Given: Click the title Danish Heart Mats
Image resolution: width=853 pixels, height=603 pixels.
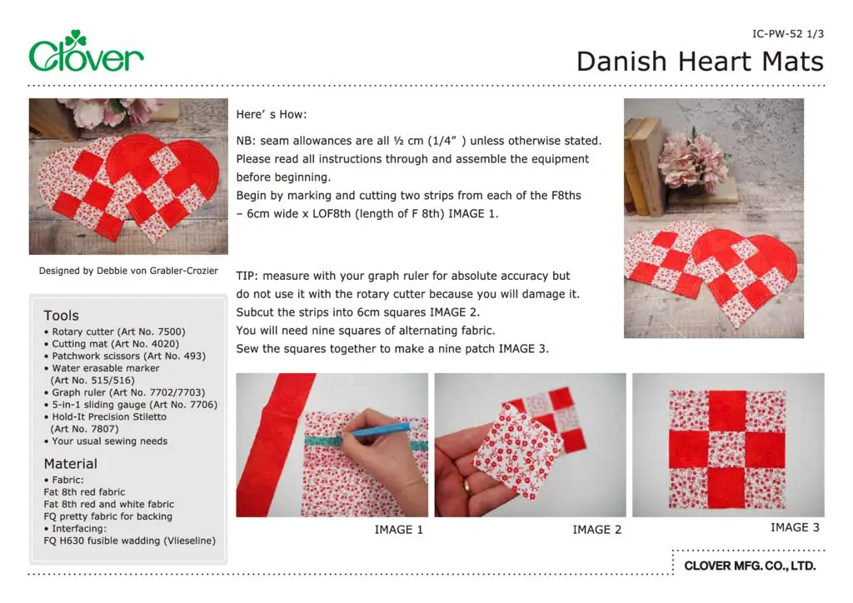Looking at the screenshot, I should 700,62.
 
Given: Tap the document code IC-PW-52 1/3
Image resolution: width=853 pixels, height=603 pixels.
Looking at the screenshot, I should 787,34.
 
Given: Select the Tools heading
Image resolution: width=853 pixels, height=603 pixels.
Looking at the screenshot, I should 62,316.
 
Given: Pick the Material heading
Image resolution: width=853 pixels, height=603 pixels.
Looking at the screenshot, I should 70,464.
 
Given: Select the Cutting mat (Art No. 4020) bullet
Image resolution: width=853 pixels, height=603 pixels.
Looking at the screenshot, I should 112,344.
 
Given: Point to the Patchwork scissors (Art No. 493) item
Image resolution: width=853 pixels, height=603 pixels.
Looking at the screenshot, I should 125,356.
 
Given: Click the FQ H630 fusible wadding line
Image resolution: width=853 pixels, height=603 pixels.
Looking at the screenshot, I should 129,541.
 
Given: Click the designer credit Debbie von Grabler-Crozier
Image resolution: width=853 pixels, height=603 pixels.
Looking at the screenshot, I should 128,271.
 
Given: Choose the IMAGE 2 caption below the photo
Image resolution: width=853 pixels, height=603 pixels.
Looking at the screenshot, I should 596,530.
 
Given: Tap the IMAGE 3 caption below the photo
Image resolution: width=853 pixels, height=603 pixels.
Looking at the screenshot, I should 795,527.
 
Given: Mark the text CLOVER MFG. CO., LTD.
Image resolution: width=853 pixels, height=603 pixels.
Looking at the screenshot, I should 750,566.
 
